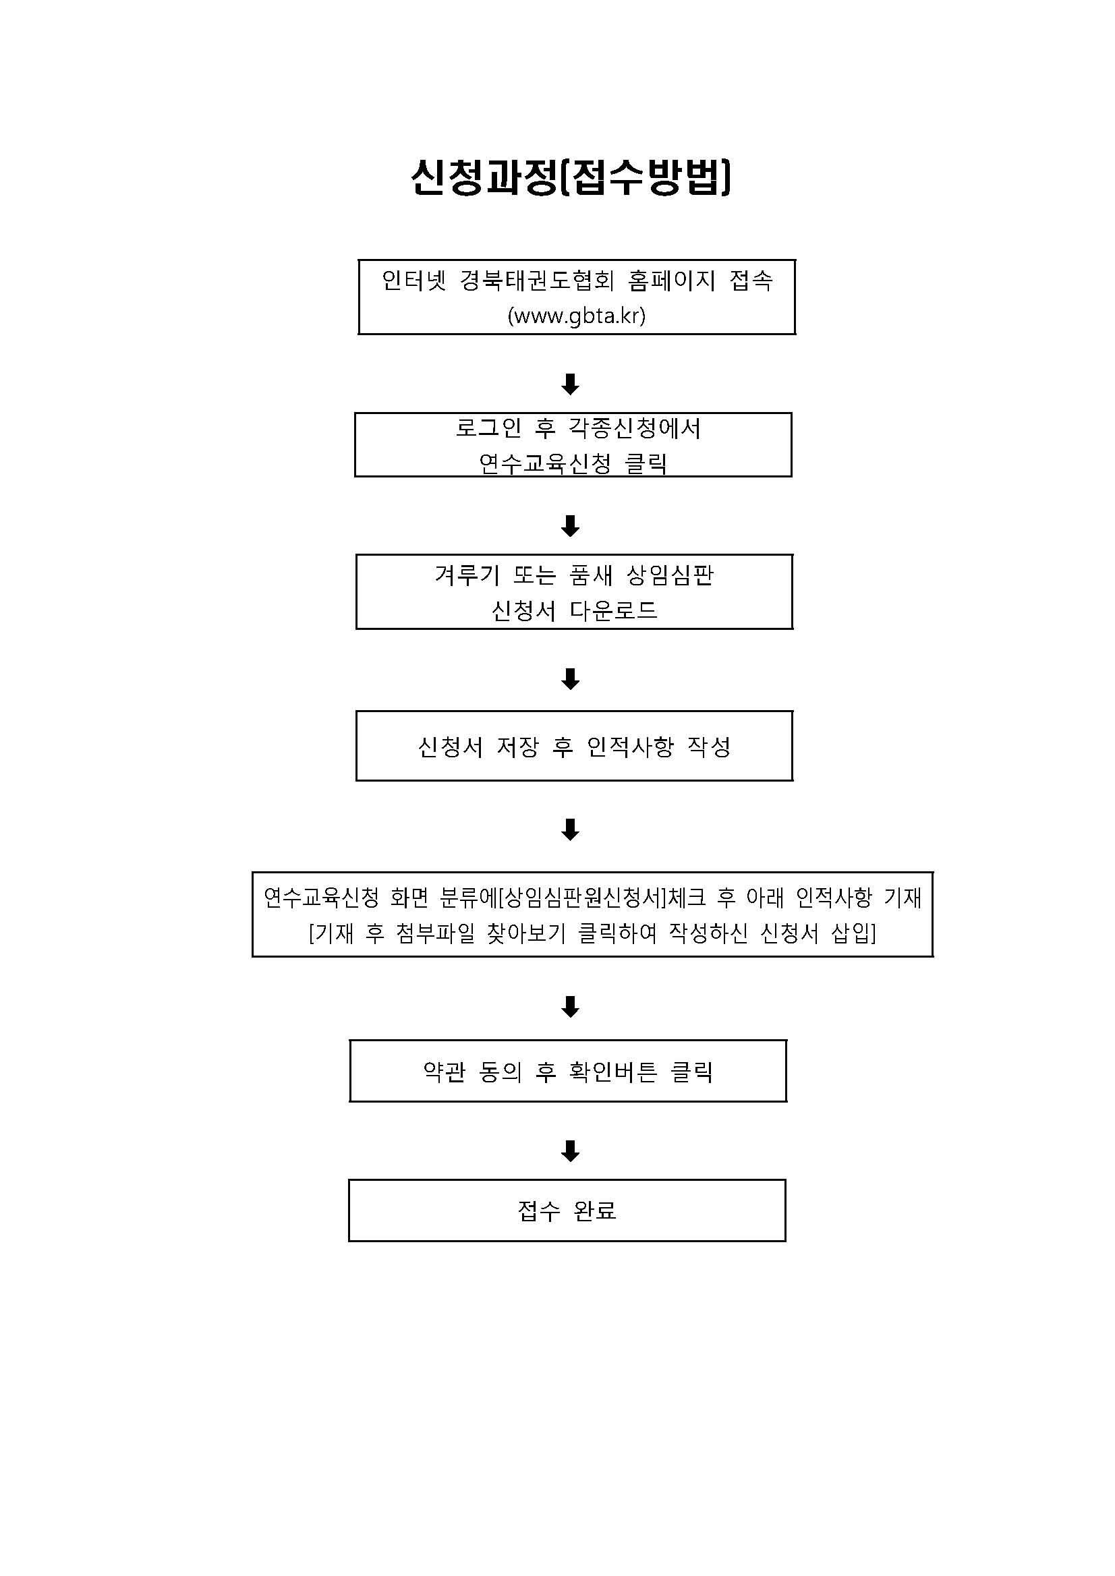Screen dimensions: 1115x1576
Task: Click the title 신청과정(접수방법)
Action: [x=571, y=178]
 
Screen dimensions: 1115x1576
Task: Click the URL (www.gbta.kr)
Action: [x=577, y=316]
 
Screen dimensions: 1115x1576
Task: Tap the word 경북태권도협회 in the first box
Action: [x=537, y=280]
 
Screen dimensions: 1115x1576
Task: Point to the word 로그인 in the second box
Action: [x=488, y=428]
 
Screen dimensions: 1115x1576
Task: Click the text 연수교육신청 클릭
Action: [x=573, y=464]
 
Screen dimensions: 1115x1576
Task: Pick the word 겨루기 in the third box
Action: [x=467, y=575]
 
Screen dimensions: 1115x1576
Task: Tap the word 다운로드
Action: [x=614, y=610]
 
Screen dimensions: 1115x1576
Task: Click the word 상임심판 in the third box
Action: [x=670, y=575]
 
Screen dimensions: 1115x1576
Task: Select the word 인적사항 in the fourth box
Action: [x=630, y=747]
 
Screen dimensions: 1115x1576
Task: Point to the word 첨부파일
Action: [x=435, y=933]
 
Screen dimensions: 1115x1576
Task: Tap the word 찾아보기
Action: [x=526, y=933]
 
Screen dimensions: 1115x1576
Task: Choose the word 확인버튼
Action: [x=613, y=1072]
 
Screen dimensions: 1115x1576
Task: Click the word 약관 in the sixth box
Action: [x=445, y=1072]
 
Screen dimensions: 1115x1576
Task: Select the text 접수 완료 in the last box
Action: [x=567, y=1211]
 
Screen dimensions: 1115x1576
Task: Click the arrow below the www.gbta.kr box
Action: [x=571, y=384]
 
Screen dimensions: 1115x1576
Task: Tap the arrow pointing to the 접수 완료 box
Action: [x=571, y=1151]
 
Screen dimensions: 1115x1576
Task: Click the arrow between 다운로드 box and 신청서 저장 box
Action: [x=571, y=679]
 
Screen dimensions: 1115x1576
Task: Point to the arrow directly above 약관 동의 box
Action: [x=571, y=1006]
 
